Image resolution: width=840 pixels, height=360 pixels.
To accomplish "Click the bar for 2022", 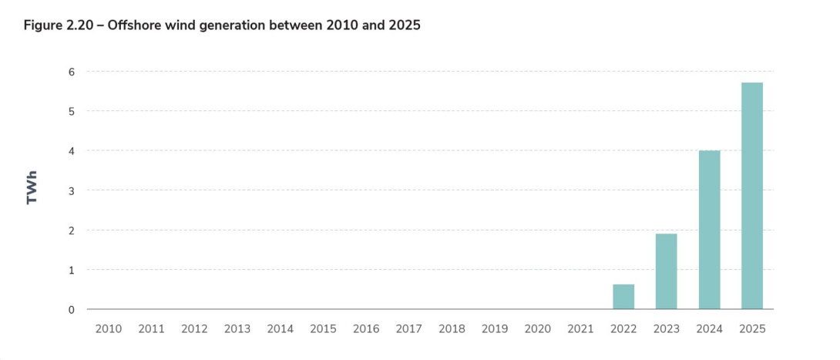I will [x=623, y=297].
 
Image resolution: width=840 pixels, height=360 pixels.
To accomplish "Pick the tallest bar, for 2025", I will [x=752, y=196].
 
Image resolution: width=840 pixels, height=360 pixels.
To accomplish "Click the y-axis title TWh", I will [x=32, y=188].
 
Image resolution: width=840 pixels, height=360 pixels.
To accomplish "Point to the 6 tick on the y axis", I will [x=71, y=72].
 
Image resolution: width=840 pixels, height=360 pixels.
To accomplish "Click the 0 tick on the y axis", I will [x=71, y=310].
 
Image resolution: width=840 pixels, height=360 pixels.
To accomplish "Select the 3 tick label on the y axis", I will [x=71, y=190].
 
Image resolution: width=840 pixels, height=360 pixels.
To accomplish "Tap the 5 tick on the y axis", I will [x=71, y=111].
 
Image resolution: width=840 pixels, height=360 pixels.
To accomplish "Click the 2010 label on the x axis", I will [x=109, y=329].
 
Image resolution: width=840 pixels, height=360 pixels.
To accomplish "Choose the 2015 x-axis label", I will [x=323, y=329].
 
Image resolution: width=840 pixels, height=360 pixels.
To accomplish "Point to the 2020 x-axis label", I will [x=538, y=329].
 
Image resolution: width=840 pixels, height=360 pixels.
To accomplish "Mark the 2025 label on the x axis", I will [x=752, y=329].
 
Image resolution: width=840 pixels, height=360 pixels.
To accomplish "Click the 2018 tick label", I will [x=452, y=329].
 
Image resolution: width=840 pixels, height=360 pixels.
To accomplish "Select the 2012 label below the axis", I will [x=194, y=329].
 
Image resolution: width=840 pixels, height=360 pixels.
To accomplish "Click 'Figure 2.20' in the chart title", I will [x=58, y=25].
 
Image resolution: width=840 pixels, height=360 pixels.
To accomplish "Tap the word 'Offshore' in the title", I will [x=136, y=25].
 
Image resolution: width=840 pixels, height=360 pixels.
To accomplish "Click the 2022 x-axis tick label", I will [x=623, y=329].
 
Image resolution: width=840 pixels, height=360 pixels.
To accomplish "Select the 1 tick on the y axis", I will [x=71, y=270].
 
